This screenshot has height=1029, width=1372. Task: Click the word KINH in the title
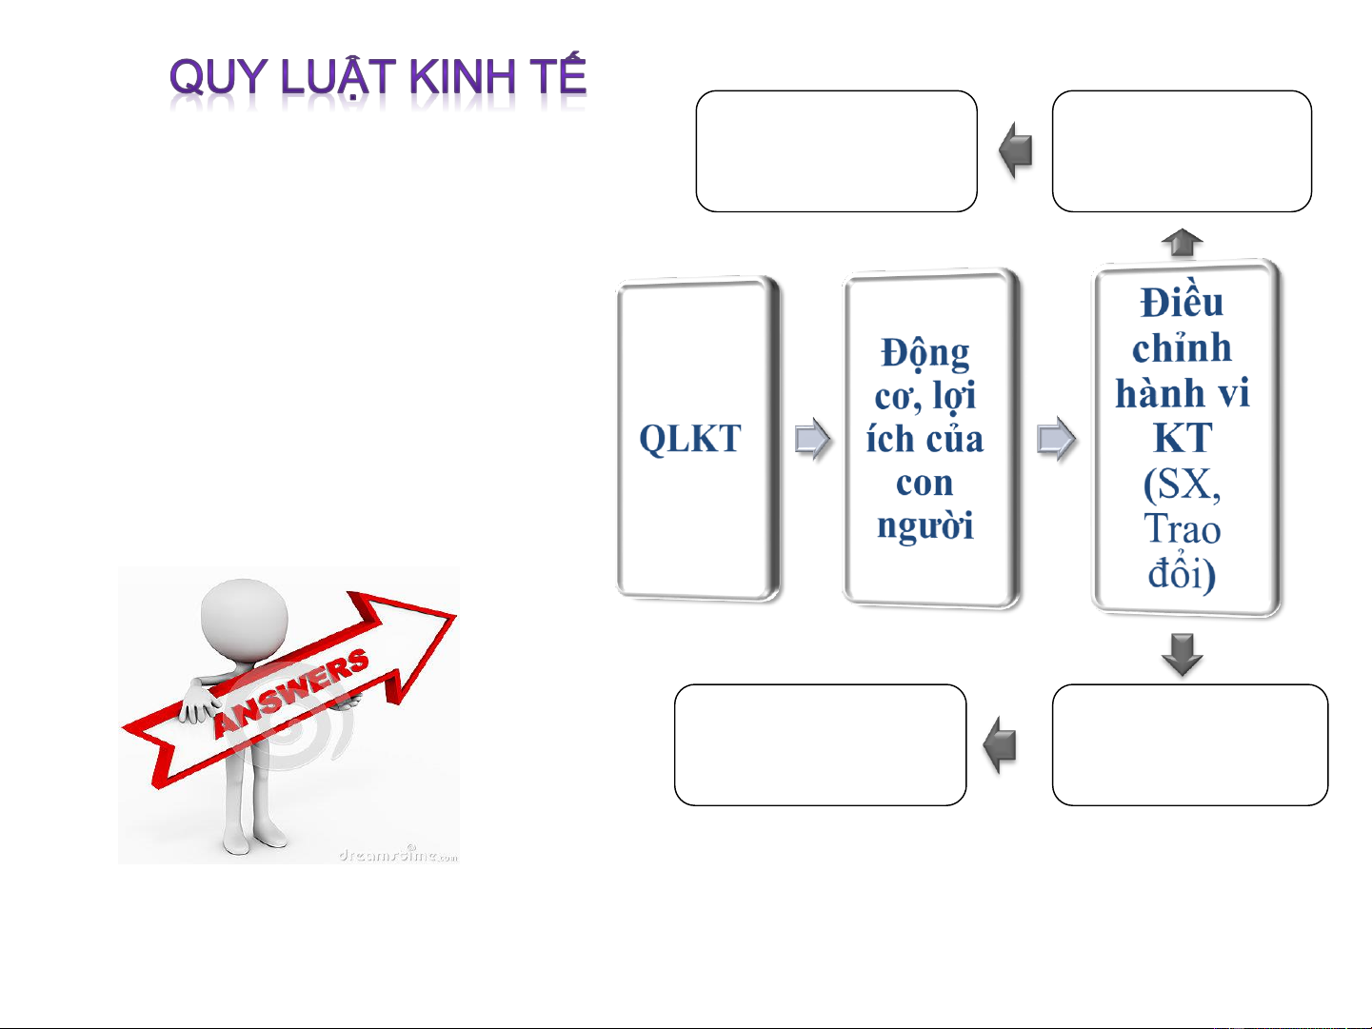[463, 76]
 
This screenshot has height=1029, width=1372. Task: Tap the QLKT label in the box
[690, 439]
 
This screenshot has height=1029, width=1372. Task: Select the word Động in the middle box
[925, 354]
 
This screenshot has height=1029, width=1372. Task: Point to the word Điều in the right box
[1182, 302]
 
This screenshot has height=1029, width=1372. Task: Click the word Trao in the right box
[1182, 529]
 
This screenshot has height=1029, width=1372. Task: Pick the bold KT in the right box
[1183, 437]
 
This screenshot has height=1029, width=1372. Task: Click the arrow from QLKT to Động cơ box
[812, 439]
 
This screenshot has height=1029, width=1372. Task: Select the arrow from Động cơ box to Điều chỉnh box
[1056, 439]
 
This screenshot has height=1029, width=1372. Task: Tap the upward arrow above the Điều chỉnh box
[1182, 243]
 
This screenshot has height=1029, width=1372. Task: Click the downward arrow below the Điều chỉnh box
[1182, 655]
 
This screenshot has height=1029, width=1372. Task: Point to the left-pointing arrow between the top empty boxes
[1015, 150]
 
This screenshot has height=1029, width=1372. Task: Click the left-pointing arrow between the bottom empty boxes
[1000, 744]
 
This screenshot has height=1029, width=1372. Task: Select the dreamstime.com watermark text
[398, 855]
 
